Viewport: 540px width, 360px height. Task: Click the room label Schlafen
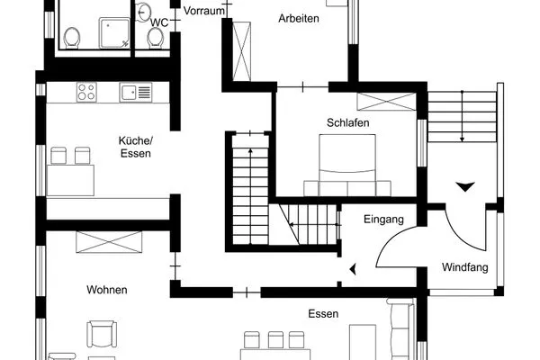[x=347, y=122]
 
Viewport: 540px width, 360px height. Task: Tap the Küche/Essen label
[x=136, y=147]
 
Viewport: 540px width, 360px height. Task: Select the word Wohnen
[x=107, y=290]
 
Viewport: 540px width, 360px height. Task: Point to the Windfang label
[x=465, y=267]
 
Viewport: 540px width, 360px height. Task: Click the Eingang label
[x=383, y=219]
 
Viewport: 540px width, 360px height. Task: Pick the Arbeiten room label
[x=299, y=18]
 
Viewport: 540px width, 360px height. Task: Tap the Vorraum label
[x=204, y=11]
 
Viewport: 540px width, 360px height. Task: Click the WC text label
[x=159, y=22]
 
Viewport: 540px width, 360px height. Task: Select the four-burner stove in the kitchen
[x=86, y=92]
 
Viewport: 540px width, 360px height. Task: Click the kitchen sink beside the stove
[x=136, y=93]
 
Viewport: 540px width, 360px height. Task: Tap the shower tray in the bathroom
[x=114, y=33]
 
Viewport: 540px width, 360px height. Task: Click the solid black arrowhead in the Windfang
[x=465, y=186]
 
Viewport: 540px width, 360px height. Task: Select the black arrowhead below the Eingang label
[x=353, y=269]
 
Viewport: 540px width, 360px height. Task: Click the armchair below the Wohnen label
[x=102, y=334]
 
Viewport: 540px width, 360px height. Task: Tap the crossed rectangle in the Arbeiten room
[x=242, y=51]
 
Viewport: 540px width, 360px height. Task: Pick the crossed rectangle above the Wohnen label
[x=109, y=242]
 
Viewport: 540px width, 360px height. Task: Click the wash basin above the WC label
[x=143, y=13]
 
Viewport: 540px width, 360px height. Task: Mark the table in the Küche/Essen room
[x=70, y=180]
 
